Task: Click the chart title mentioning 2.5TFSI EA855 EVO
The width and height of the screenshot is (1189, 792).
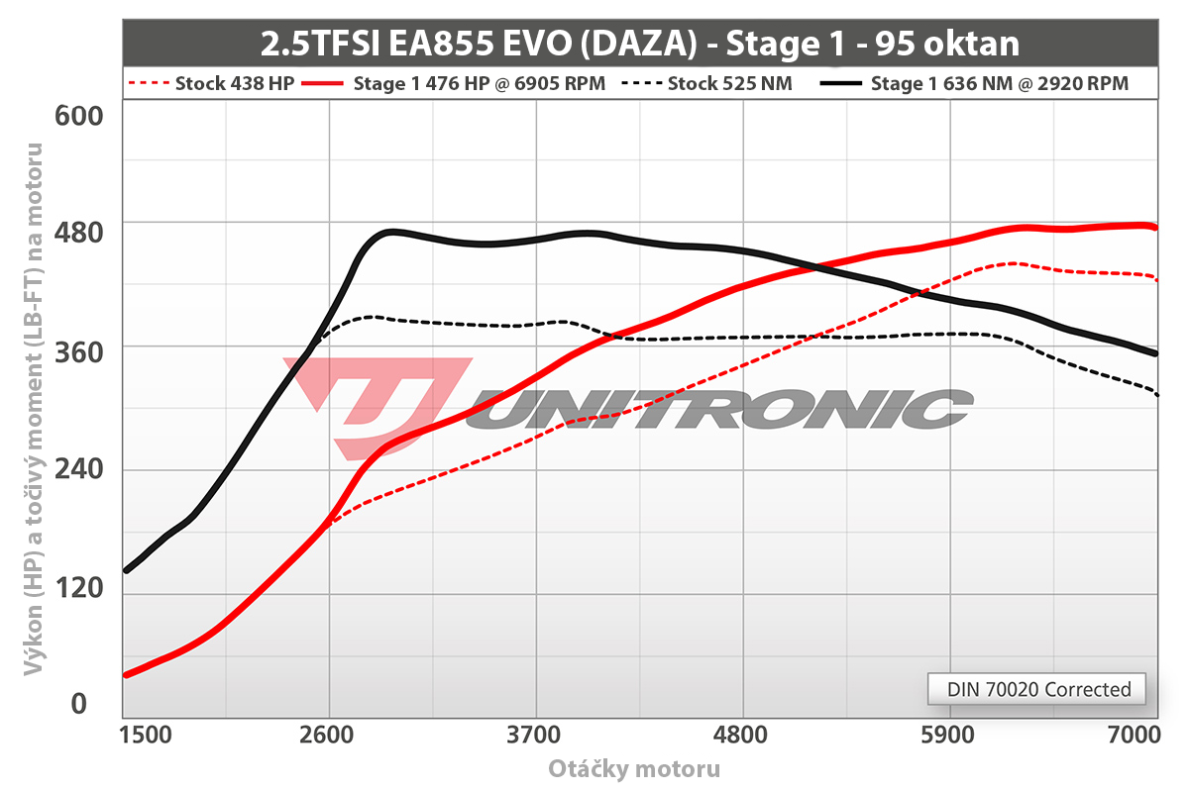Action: click(639, 44)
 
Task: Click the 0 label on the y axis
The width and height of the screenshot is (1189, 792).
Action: click(78, 704)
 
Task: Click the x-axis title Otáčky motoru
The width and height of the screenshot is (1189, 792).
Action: click(634, 769)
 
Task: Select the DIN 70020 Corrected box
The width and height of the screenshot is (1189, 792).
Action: click(1038, 689)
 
